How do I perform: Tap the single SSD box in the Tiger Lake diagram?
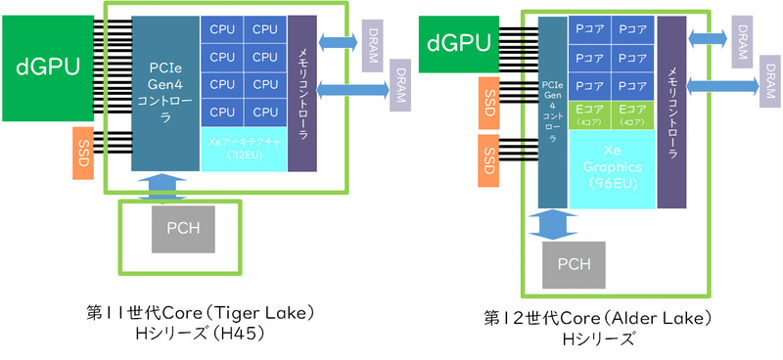pyautogui.click(x=82, y=152)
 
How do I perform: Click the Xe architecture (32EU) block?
pyautogui.click(x=244, y=149)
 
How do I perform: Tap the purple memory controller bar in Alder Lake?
pyautogui.click(x=671, y=112)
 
